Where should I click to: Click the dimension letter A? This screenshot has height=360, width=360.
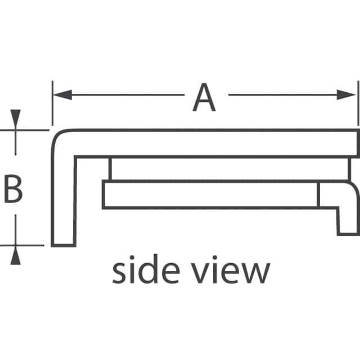tap(204, 97)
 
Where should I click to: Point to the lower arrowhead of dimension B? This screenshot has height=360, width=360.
tap(15, 256)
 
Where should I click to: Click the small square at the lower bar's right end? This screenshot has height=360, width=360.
tap(328, 195)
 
